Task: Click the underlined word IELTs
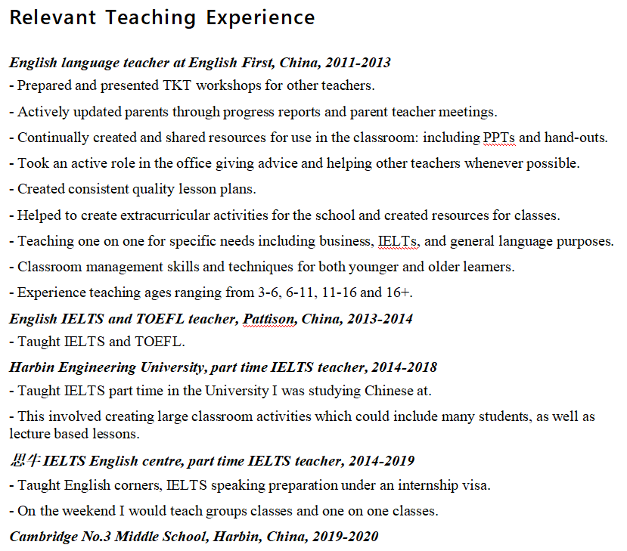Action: [398, 242]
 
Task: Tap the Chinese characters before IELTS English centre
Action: [24, 460]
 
